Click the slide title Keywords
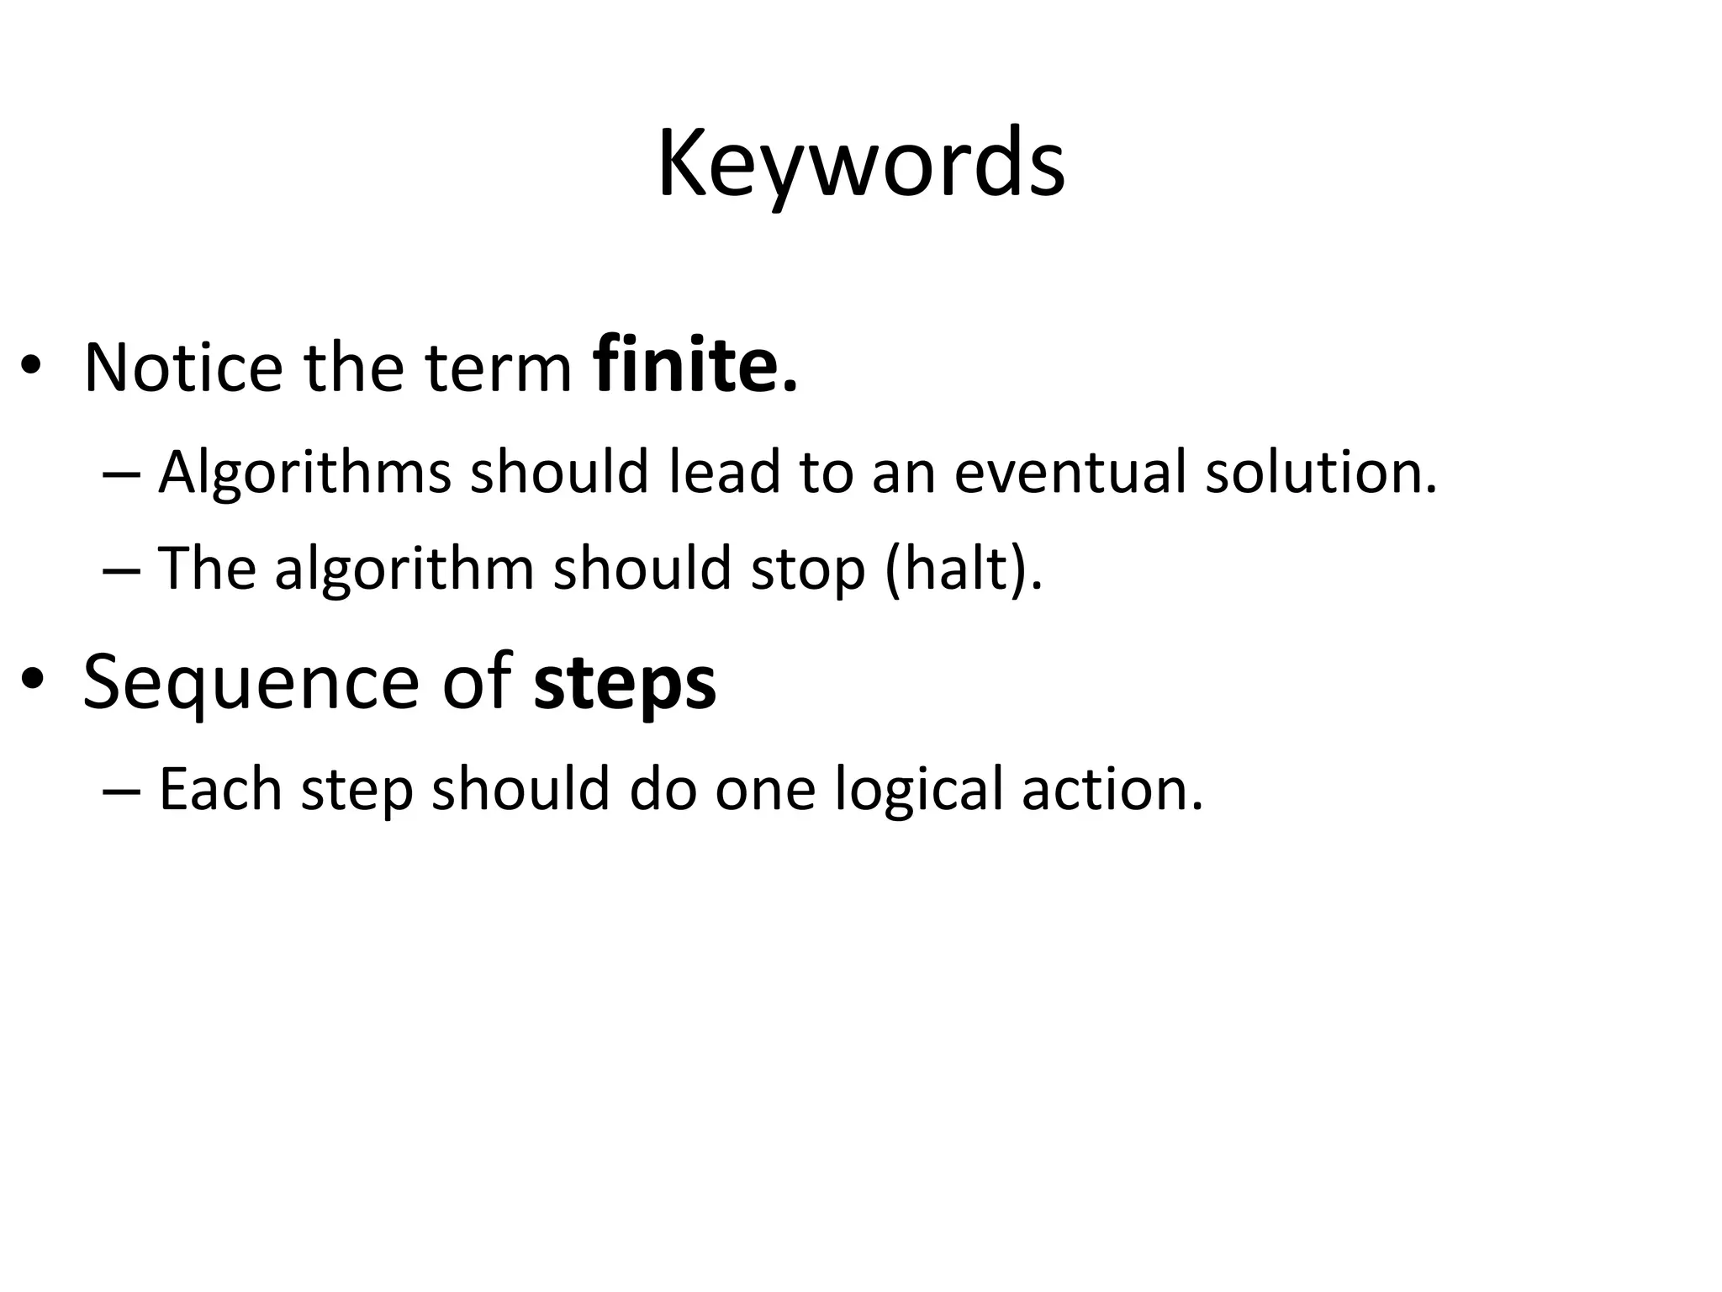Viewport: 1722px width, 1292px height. [860, 164]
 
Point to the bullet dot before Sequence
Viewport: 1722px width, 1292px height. [31, 680]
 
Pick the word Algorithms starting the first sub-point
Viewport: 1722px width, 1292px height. [304, 473]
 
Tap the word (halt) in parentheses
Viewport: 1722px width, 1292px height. [964, 569]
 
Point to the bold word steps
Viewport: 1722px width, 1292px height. [625, 683]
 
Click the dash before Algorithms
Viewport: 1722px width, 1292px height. [120, 474]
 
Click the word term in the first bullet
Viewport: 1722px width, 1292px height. [499, 368]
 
